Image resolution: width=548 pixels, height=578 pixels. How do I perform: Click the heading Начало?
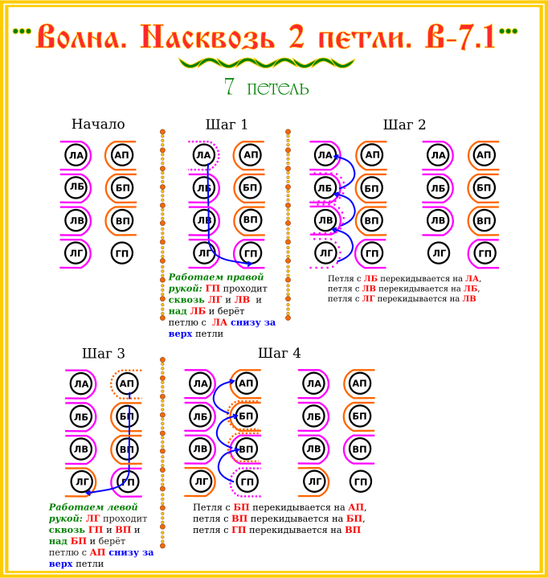coord(98,125)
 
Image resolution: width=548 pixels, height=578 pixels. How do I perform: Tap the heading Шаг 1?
coord(227,125)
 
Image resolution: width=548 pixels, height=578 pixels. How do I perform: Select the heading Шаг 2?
coord(404,125)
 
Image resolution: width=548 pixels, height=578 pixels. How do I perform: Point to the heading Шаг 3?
coord(104,354)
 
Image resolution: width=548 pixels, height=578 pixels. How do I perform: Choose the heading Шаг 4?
coord(280,353)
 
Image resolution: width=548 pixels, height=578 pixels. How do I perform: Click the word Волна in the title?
coord(81,36)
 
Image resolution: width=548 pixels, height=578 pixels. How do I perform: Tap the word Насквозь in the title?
coord(208,36)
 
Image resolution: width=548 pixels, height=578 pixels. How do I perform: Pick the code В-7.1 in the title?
coord(460,36)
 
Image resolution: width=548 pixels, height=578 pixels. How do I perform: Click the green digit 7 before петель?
coord(229,86)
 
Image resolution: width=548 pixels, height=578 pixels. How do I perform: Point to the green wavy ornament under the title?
coord(267,63)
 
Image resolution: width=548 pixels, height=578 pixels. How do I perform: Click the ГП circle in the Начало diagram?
coord(122,253)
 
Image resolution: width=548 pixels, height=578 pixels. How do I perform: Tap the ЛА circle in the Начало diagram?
coord(76,155)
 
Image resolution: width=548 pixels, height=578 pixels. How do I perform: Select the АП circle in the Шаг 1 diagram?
coord(251,155)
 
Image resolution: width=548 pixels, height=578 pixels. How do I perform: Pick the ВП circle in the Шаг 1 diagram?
coord(251,220)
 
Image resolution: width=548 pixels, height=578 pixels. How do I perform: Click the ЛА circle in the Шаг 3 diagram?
coord(81,383)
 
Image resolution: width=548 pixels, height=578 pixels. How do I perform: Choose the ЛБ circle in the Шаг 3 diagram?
coord(81,416)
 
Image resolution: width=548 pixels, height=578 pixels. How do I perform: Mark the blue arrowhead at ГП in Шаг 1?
coord(250,264)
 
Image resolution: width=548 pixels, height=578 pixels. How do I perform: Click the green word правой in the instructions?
coord(245,277)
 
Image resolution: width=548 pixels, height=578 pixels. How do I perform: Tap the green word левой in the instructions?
coord(120,507)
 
